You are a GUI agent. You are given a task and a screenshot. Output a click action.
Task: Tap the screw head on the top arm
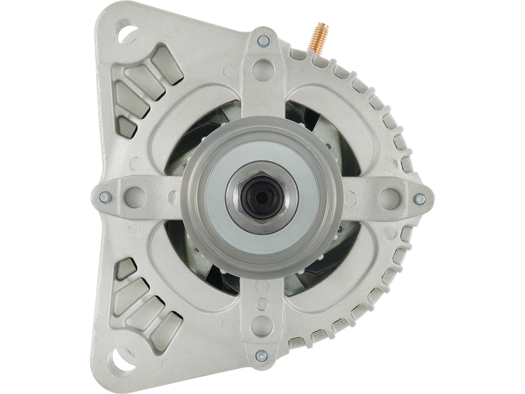click(x=263, y=41)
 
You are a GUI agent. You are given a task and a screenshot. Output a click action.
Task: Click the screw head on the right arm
click(x=419, y=198)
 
